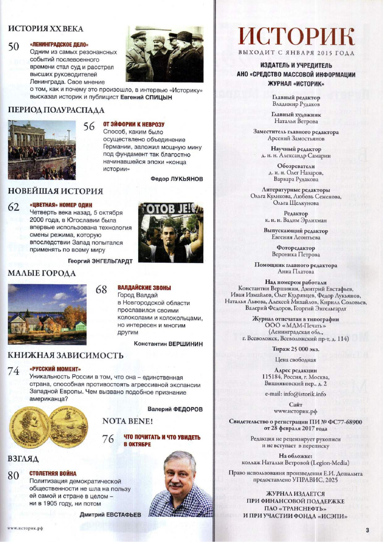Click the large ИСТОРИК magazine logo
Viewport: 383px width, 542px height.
(x=296, y=37)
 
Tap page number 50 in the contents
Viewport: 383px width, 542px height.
(x=13, y=47)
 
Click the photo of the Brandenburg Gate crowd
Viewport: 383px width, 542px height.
(x=42, y=150)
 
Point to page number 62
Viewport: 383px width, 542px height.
(x=14, y=207)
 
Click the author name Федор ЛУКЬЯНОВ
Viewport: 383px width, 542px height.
(x=177, y=179)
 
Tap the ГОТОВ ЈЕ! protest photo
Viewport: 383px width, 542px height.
(x=170, y=232)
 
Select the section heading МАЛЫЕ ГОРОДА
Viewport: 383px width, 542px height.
(x=42, y=273)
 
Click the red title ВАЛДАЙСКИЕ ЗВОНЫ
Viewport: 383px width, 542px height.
(x=144, y=288)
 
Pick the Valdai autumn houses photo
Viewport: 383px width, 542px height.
(x=47, y=314)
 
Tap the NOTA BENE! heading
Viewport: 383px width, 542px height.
(x=128, y=421)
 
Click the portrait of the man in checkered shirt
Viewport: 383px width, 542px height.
(x=181, y=485)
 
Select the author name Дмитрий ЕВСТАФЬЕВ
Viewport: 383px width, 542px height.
(x=110, y=515)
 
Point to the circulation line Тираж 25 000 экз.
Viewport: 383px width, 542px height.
(x=296, y=349)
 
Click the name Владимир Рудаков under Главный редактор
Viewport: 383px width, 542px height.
(x=296, y=104)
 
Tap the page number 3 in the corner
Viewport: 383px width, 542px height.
(x=367, y=530)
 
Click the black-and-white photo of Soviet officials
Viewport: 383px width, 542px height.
(x=164, y=54)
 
